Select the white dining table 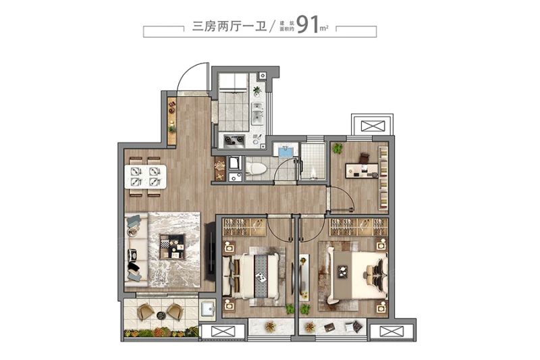point(147,177)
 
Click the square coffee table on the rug point(172,246)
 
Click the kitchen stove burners point(233,140)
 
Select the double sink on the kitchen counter point(257,114)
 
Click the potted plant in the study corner point(337,148)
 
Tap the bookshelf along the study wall point(383,178)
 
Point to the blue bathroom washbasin point(285,151)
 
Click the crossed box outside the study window point(372,126)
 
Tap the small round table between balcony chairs point(160,315)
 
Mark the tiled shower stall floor point(312,162)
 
